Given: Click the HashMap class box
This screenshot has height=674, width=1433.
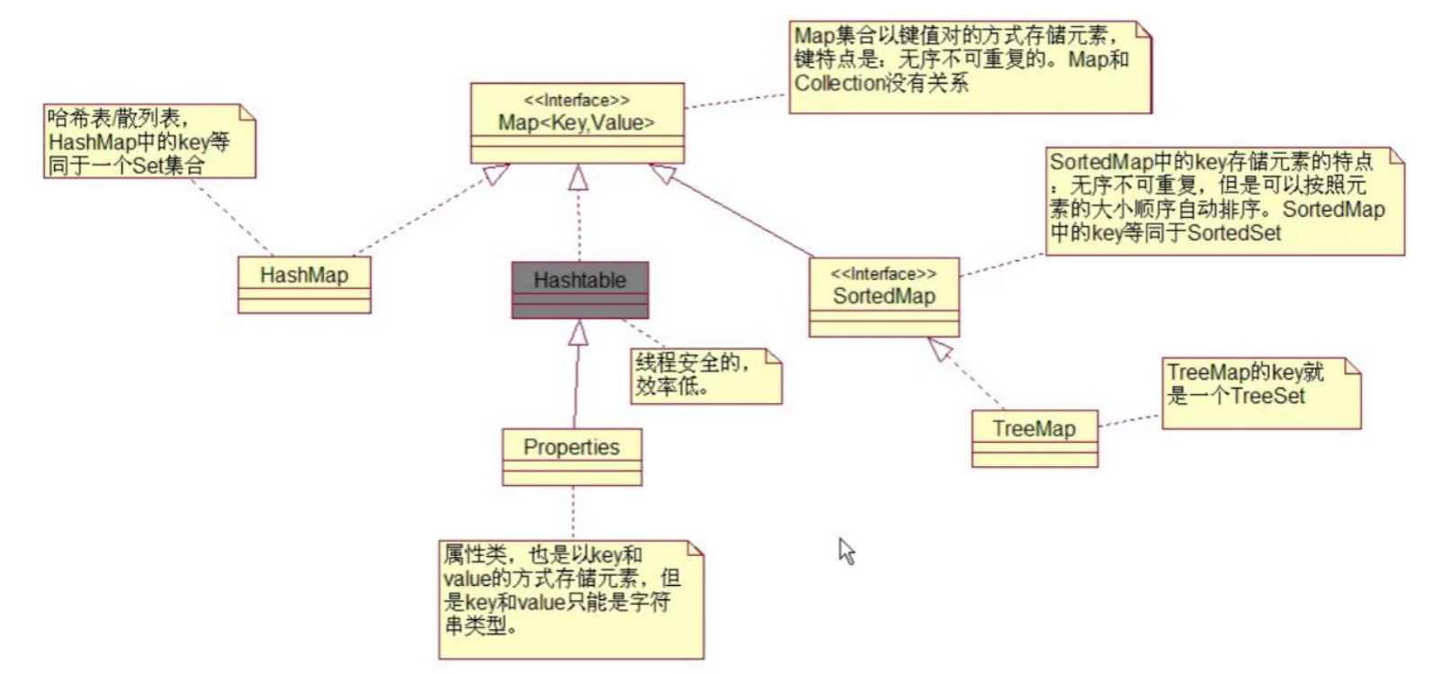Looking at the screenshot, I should pyautogui.click(x=304, y=283).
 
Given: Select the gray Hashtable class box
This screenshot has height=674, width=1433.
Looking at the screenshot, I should pyautogui.click(x=579, y=289).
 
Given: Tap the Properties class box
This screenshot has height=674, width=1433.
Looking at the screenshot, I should pyautogui.click(x=571, y=455).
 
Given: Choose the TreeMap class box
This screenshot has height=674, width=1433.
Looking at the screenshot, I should pyautogui.click(x=1034, y=438).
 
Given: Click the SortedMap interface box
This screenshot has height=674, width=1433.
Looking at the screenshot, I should pyautogui.click(x=883, y=297).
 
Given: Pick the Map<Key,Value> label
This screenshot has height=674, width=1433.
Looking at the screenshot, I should pyautogui.click(x=577, y=123).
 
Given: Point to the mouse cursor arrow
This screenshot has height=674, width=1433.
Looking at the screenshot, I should pyautogui.click(x=846, y=550).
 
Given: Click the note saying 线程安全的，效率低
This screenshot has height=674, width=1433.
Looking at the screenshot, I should pyautogui.click(x=705, y=375).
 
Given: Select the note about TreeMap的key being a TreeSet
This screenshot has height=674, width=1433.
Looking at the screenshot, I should pyautogui.click(x=1259, y=392).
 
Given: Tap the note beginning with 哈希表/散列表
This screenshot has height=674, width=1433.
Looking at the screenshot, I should pyautogui.click(x=148, y=140).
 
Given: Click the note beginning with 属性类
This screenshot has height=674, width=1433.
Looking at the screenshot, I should pyautogui.click(x=571, y=598).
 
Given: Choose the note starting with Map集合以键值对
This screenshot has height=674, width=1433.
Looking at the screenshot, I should pyautogui.click(x=969, y=67).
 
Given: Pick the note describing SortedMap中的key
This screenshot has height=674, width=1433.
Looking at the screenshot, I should pyautogui.click(x=1223, y=201).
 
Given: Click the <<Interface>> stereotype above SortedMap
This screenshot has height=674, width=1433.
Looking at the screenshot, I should pyautogui.click(x=883, y=274).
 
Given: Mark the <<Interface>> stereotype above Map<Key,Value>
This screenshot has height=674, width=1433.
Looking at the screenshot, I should pyautogui.click(x=577, y=100).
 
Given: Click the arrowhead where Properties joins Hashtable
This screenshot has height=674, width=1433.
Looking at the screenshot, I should pyautogui.click(x=578, y=334).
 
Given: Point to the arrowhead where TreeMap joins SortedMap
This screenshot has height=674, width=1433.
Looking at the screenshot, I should pyautogui.click(x=941, y=349).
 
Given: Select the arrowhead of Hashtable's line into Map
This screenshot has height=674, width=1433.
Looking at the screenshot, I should pyautogui.click(x=578, y=177).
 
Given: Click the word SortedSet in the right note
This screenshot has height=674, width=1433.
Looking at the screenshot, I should pyautogui.click(x=1234, y=233).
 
